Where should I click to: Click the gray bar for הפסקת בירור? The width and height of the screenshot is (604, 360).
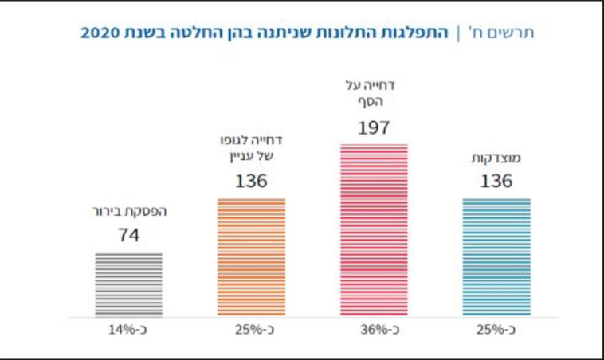[128, 284]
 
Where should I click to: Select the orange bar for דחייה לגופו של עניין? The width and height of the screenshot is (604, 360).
[251, 257]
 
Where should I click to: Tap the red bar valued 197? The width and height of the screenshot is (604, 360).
[374, 230]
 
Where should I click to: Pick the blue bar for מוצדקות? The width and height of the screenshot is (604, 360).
[496, 257]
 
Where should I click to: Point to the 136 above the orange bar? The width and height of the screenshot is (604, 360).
[251, 181]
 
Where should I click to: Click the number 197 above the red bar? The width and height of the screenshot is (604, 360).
[374, 127]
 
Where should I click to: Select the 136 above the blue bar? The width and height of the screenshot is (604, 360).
[496, 181]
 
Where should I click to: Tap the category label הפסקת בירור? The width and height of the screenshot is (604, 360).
[128, 212]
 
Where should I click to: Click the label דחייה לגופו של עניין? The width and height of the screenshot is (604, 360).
[251, 147]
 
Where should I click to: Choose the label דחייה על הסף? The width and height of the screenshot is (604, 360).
[374, 92]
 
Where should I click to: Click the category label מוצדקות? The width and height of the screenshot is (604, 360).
[496, 158]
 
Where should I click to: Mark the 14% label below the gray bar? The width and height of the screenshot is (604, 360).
[128, 329]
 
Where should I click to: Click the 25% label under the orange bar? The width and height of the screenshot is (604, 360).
[251, 329]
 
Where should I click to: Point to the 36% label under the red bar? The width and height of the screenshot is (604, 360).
[374, 329]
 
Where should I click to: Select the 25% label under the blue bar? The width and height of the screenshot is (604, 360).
[496, 329]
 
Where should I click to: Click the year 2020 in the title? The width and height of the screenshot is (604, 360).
[100, 33]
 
